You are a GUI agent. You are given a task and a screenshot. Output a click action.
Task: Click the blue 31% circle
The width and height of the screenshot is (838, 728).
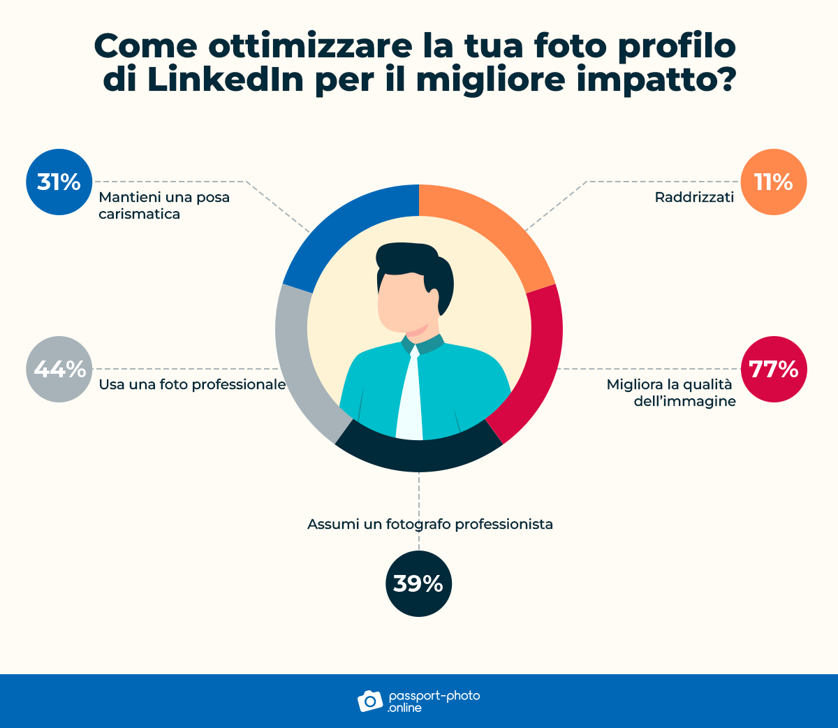pyautogui.click(x=59, y=182)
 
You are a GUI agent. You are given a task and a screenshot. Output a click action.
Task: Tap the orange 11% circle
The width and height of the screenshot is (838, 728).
pyautogui.click(x=773, y=182)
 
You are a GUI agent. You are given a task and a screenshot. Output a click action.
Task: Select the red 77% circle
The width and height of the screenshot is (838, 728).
pyautogui.click(x=773, y=369)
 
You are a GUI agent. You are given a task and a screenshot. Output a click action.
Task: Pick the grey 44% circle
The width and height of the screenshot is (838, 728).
pyautogui.click(x=59, y=369)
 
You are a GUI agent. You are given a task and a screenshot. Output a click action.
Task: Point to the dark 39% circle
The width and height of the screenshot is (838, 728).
pyautogui.click(x=418, y=583)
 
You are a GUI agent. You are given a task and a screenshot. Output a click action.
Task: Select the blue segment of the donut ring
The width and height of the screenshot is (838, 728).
pyautogui.click(x=346, y=224)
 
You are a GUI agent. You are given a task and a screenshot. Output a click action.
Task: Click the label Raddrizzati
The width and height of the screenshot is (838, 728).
pyautogui.click(x=694, y=198)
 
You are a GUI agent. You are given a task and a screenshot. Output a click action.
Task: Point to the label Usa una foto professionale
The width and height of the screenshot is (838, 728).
pyautogui.click(x=192, y=384)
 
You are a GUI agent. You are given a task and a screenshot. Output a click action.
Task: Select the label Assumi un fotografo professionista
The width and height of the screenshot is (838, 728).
pyautogui.click(x=430, y=524)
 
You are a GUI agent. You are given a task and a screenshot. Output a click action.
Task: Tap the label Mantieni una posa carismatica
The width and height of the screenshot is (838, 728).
pyautogui.click(x=164, y=205)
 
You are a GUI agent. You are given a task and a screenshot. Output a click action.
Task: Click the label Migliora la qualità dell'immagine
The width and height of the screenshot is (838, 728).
pyautogui.click(x=671, y=393)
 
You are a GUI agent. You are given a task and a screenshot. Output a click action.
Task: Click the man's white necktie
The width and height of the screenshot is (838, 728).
pyautogui.click(x=411, y=398)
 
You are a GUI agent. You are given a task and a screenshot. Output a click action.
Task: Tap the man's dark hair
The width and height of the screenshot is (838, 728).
pyautogui.click(x=412, y=262)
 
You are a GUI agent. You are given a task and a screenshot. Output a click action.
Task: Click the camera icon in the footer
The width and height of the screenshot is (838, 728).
pyautogui.click(x=370, y=701)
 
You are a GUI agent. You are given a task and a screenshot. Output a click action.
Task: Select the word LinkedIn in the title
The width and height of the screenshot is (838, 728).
pyautogui.click(x=226, y=80)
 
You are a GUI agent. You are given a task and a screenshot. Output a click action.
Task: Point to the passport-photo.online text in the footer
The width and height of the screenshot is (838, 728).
pyautogui.click(x=433, y=701)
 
